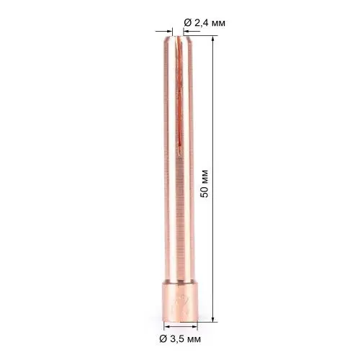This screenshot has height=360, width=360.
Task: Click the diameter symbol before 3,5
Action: point(165,338)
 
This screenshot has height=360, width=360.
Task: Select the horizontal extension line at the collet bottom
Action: point(206,323)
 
